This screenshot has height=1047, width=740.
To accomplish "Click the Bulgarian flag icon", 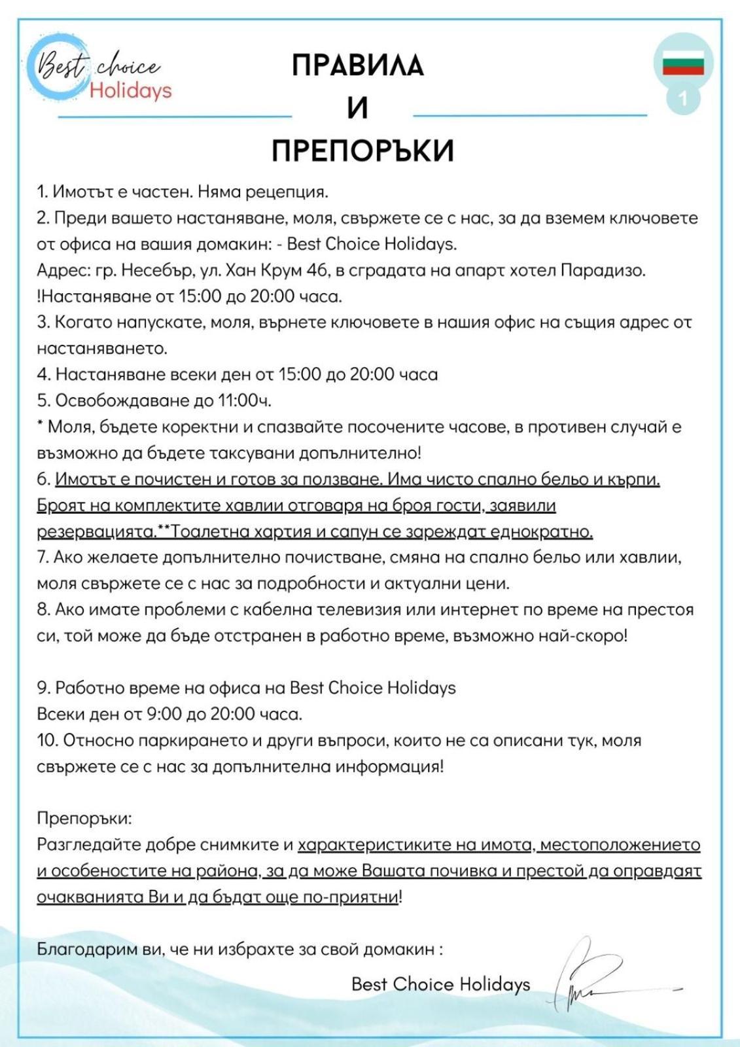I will click(683, 63).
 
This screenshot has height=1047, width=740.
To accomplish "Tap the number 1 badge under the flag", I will click(683, 99).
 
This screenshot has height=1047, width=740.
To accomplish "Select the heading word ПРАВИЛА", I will click(357, 65).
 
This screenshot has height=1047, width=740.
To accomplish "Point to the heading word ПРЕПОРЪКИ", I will click(362, 151).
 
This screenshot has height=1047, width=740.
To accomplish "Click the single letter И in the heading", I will click(357, 108).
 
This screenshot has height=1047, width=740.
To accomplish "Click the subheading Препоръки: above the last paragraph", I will click(84, 819).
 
